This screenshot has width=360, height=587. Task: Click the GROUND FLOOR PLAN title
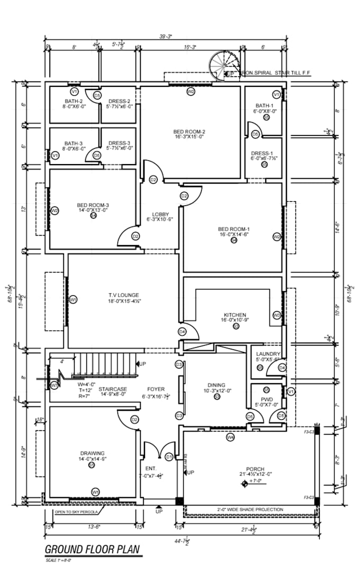pos(93,549)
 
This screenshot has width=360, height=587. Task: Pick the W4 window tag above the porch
pos(230,438)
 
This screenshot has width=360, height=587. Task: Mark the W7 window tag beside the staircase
pos(55,385)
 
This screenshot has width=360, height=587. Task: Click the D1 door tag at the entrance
pos(168,456)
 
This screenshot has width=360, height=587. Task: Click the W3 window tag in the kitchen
pos(276,315)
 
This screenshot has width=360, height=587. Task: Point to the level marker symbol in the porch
pos(244,483)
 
